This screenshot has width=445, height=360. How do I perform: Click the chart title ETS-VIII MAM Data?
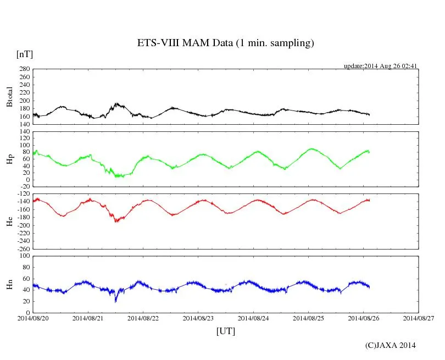point(225,43)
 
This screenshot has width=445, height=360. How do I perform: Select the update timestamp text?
point(381,66)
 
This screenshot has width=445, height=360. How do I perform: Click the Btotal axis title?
point(10,97)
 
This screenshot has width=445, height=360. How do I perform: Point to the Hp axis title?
point(10,159)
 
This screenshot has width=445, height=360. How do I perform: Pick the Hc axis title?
point(10,221)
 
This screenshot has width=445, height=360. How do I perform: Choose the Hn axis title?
point(10,284)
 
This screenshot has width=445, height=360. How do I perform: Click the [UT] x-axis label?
point(225,331)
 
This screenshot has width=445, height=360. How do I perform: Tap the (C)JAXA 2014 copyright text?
point(390,345)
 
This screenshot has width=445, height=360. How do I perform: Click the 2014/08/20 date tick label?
point(33,318)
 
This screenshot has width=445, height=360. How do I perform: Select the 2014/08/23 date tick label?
point(198,318)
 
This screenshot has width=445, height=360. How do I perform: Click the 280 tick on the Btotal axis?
point(24,69)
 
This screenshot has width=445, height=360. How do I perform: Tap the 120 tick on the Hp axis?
point(24,132)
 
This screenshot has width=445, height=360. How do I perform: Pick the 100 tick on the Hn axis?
point(24,256)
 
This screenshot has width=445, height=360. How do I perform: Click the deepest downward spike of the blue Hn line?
point(115,301)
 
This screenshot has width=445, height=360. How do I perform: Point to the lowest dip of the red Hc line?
point(116,221)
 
